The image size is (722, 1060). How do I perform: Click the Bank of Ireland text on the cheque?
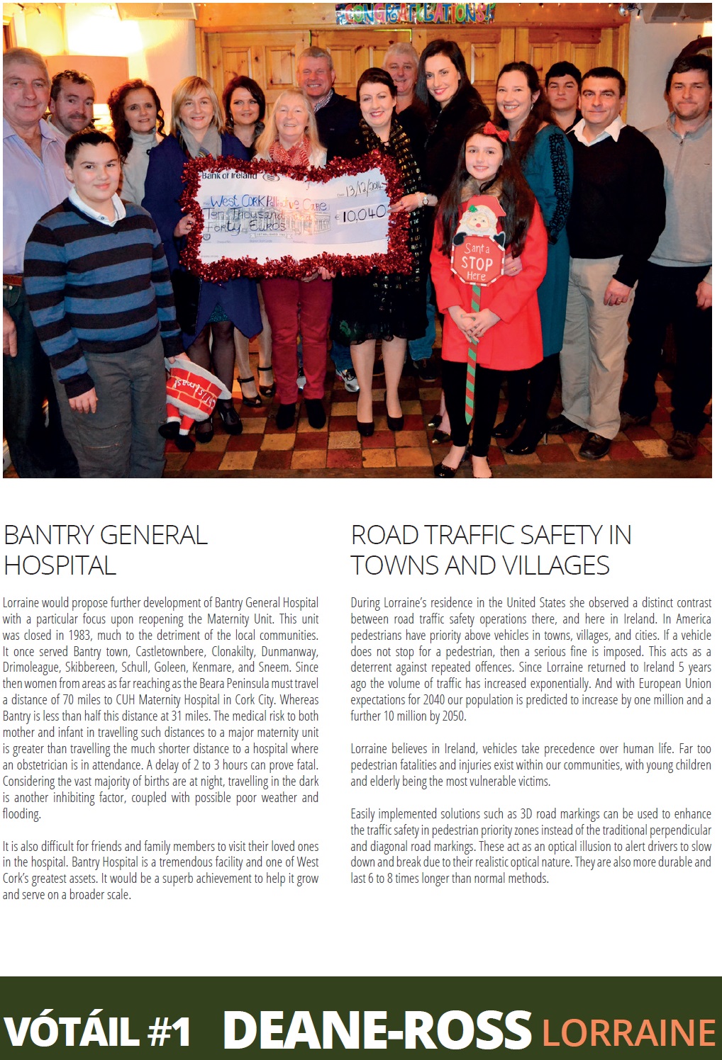230,175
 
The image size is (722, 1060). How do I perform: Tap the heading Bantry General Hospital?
105,550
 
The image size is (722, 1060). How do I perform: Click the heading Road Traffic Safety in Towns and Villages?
491,550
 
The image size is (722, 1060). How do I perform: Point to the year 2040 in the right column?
434,699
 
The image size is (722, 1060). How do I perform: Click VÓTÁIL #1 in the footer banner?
97,1031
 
